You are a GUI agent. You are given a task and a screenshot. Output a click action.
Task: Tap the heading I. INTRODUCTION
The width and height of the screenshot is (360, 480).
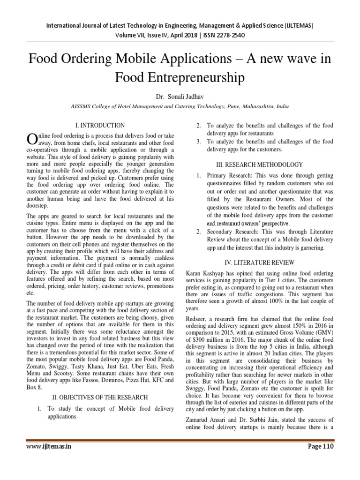(100, 125)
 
